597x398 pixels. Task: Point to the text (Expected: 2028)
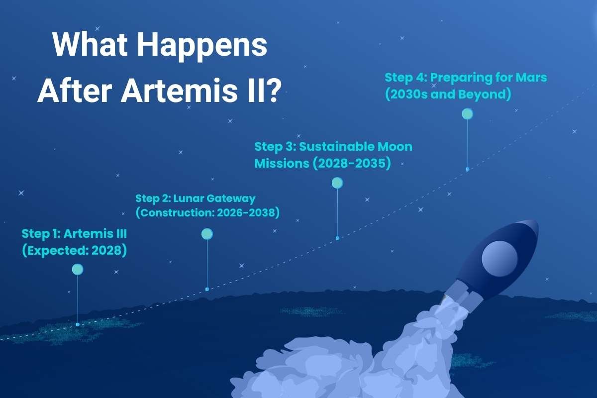(x=74, y=250)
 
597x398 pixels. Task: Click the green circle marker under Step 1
(x=77, y=270)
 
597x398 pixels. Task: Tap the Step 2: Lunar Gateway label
(x=196, y=199)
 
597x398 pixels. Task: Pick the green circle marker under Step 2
(x=207, y=234)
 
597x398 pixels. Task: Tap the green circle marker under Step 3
(x=337, y=183)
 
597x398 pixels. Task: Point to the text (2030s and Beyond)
(x=448, y=94)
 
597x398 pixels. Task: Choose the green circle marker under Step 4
(x=467, y=114)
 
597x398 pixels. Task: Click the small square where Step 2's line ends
(x=207, y=289)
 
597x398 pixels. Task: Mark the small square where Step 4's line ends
(x=467, y=169)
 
